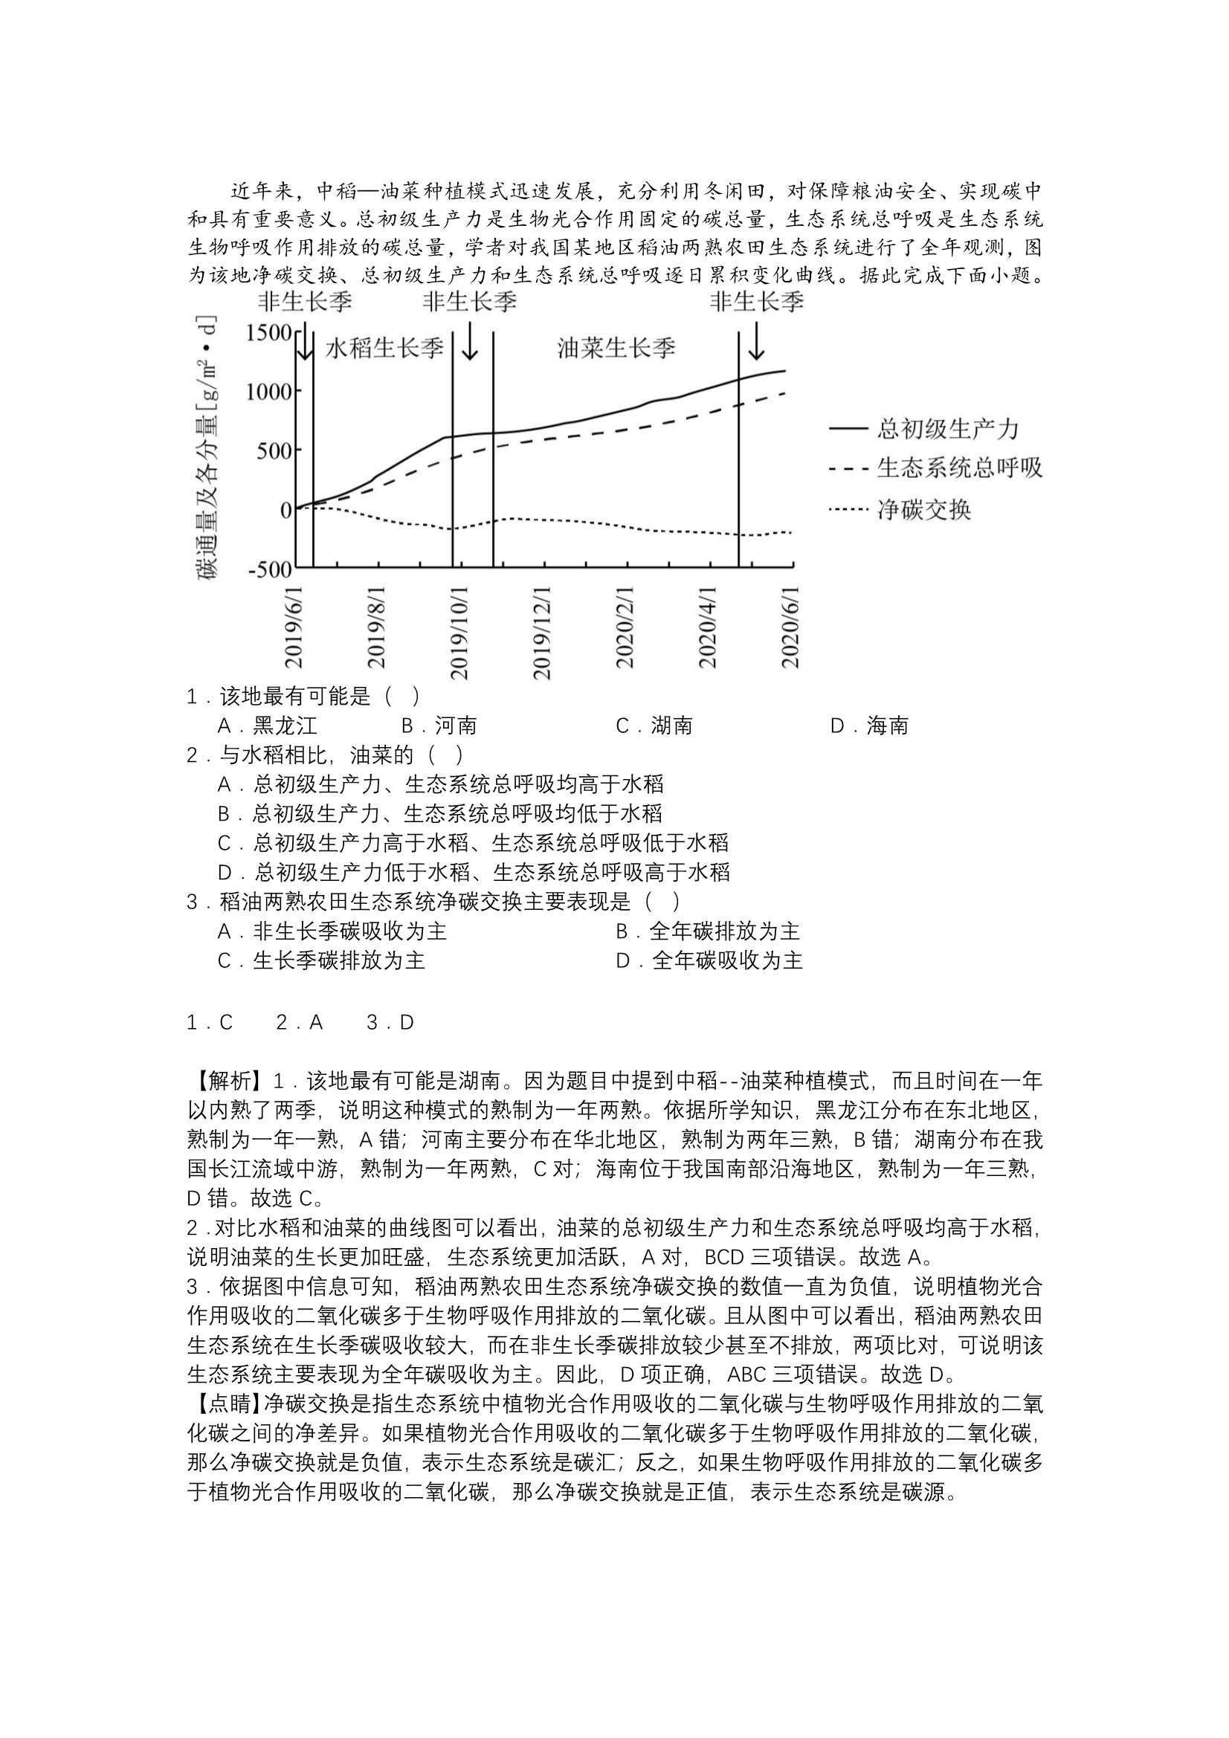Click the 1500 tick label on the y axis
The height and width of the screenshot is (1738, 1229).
[269, 332]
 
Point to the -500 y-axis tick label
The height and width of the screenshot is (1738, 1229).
[269, 569]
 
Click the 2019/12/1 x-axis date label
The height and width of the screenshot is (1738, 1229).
[541, 632]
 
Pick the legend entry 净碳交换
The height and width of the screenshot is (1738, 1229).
[924, 509]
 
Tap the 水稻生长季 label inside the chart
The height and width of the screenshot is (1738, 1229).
[384, 348]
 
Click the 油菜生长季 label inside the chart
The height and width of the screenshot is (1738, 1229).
[616, 348]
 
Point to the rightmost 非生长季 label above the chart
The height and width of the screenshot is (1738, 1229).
[755, 302]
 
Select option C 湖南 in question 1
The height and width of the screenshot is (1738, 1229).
[654, 726]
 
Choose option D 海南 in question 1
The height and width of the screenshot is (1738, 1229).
[869, 726]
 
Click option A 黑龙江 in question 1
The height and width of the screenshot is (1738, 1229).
[268, 726]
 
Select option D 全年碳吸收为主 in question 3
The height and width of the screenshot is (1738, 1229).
[709, 961]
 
